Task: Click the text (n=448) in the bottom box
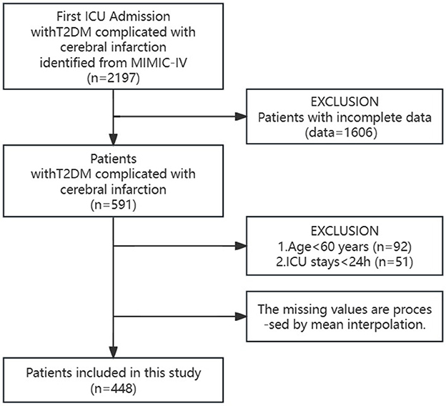[114, 390]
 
